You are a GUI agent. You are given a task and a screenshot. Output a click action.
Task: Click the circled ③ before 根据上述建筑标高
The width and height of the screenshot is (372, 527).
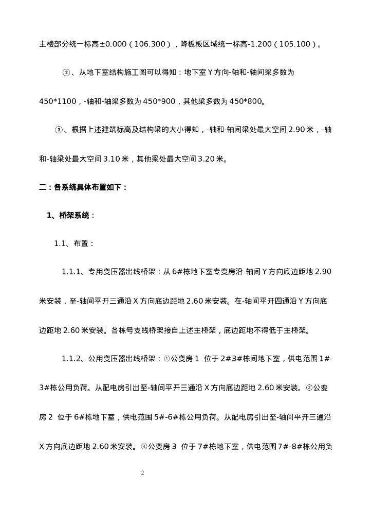click(59, 131)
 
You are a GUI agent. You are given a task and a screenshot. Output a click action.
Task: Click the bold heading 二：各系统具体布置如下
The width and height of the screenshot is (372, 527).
click(83, 188)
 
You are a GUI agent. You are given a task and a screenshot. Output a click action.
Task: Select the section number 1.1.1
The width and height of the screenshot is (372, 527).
click(72, 272)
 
